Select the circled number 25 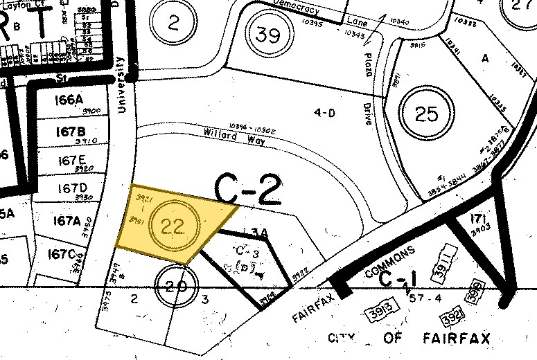point(426,113)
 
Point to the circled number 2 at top point(173,24)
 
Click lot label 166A point(69,100)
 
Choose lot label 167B point(71,131)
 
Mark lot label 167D point(73,188)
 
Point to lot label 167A point(68,221)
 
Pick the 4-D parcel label point(324,113)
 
